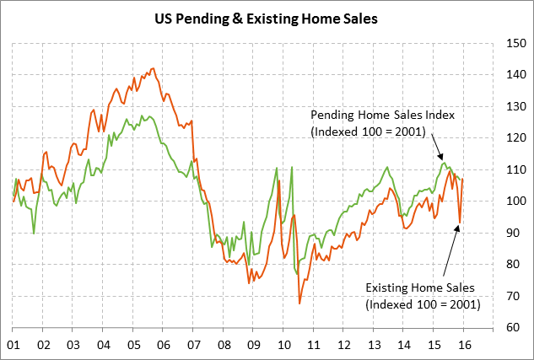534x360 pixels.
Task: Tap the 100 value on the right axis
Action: click(511, 201)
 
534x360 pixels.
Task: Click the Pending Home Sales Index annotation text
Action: click(370, 123)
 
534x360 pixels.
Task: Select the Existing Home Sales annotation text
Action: click(422, 295)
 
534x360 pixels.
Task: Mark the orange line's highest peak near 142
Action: click(153, 69)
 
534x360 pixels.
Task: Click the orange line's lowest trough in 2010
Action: click(299, 303)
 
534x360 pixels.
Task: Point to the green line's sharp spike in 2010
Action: click(291, 168)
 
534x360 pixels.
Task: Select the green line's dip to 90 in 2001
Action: click(34, 233)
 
